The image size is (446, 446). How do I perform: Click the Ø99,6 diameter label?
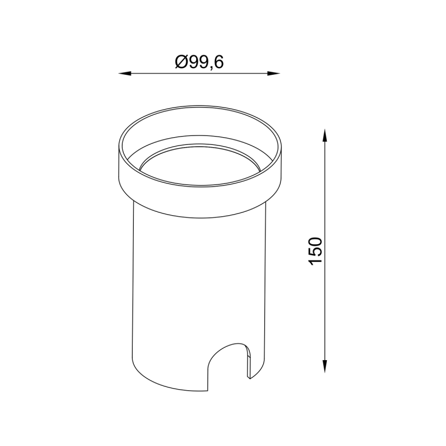200,62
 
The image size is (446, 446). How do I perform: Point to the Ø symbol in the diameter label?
181,62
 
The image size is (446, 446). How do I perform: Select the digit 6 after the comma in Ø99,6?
219,62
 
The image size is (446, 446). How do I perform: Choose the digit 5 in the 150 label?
315,253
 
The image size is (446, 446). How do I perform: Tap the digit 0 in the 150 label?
315,241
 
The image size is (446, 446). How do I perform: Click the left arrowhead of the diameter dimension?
125,74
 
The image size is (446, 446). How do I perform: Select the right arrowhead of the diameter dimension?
274,74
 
